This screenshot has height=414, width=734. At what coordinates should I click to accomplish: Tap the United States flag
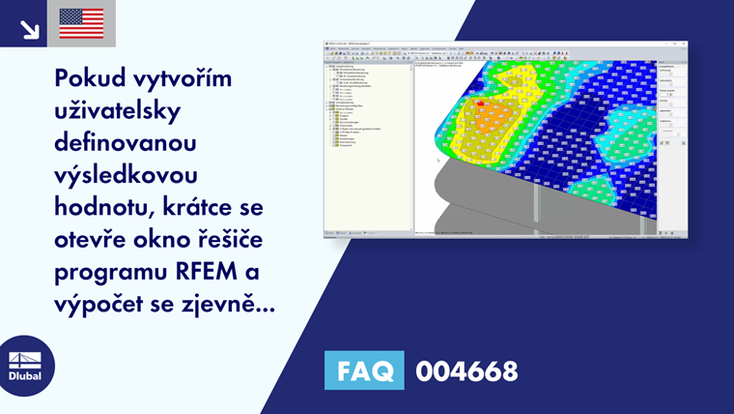click(x=81, y=23)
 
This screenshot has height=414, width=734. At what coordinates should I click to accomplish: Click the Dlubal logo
click(x=26, y=365)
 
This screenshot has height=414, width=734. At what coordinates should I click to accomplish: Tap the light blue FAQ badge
click(x=364, y=370)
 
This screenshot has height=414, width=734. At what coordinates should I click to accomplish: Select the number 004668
click(x=466, y=370)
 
